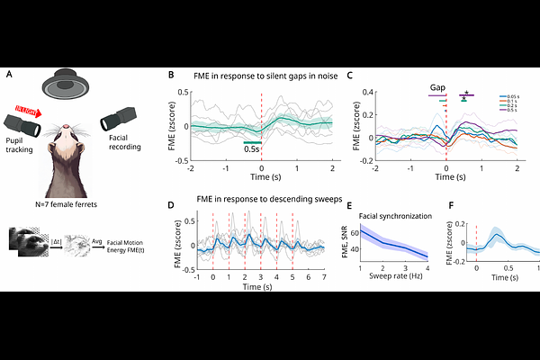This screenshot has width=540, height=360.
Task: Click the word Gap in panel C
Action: [x=437, y=88]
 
